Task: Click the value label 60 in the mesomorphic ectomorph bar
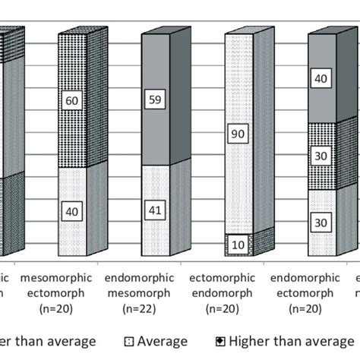73,101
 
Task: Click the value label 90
238,134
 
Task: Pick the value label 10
238,246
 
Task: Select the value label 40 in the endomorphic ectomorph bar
321,77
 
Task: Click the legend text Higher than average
304,342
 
